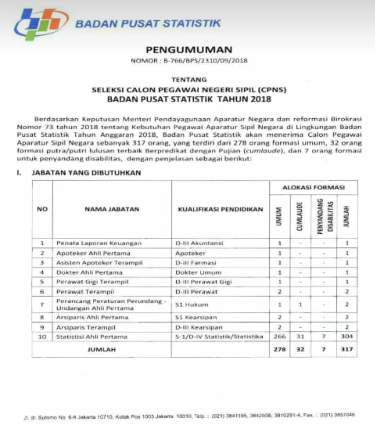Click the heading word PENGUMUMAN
(x=189, y=50)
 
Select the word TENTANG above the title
(x=189, y=80)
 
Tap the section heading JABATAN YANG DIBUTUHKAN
(x=86, y=173)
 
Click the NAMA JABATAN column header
(x=112, y=209)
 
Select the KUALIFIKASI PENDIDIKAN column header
(x=220, y=209)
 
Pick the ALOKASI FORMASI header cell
(x=313, y=188)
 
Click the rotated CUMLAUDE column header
(x=300, y=216)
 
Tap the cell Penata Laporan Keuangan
(x=99, y=243)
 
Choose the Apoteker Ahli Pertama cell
(x=93, y=253)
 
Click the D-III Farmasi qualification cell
(x=196, y=263)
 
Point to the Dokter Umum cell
(x=198, y=272)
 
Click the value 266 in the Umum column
(x=279, y=336)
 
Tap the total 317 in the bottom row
(x=347, y=349)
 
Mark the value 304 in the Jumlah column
(x=347, y=336)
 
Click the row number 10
(x=42, y=337)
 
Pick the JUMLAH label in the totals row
(x=101, y=349)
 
